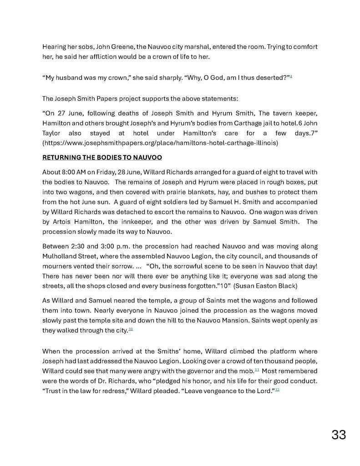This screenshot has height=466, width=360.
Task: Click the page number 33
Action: (x=339, y=435)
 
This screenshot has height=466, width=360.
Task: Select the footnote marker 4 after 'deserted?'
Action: (x=291, y=76)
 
